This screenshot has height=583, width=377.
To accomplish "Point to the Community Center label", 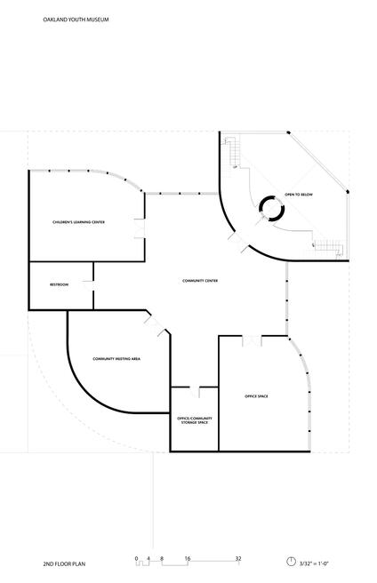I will click(200, 281).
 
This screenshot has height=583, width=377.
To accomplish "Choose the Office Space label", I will click(256, 395).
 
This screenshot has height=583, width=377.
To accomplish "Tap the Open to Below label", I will click(298, 195).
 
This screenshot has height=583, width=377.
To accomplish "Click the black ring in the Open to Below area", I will click(270, 209).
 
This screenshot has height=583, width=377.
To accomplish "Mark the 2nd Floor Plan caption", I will click(62, 563).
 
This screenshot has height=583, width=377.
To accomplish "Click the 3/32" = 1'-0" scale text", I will click(315, 563).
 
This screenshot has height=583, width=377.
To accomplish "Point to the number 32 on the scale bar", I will click(238, 558).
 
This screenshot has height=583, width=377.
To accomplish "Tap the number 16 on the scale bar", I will click(188, 558).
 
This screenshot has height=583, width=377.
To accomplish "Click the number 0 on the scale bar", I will click(137, 558).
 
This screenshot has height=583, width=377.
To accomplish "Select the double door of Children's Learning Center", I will click(139, 228).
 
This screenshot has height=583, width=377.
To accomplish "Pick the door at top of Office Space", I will click(253, 340).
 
